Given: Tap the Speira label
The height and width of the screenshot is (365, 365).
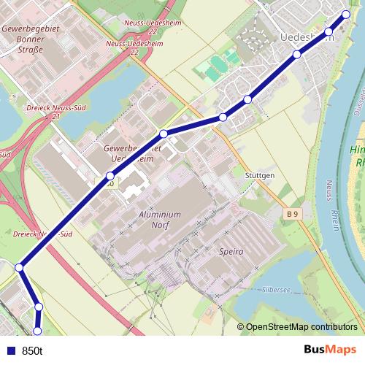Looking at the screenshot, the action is point(231,251).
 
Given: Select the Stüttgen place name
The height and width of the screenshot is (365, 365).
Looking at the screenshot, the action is point(259,176).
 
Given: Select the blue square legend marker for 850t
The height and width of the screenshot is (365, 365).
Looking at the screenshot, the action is point(10,350).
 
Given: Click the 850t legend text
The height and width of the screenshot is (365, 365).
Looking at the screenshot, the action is point(33,350).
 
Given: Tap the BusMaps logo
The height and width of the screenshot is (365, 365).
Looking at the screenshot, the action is point(331,350).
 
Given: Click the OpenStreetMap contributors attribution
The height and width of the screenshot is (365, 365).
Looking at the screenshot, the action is point(301,327).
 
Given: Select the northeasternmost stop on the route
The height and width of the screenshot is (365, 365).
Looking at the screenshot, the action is point(347,15).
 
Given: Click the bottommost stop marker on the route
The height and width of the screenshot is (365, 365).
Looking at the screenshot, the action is point(38,331).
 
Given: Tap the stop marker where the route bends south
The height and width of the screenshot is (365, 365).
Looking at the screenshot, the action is point(20,268).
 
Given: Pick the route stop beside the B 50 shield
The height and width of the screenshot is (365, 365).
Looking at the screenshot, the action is point(110,175).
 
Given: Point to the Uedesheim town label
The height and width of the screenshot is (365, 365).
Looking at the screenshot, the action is point(307,38).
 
